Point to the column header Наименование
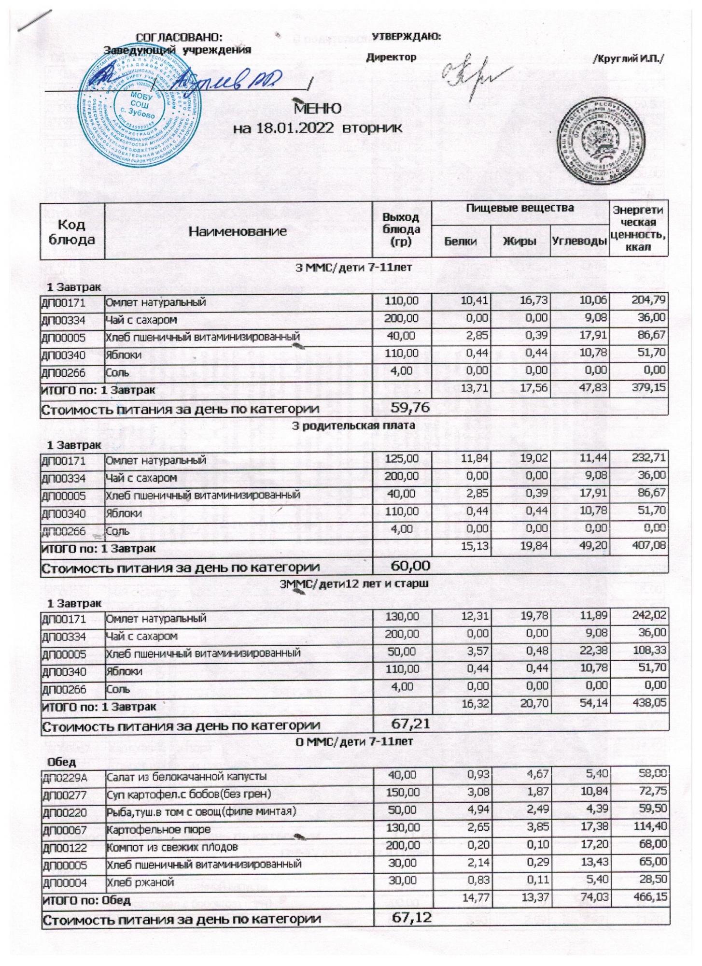tap(238, 231)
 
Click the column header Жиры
tap(520, 241)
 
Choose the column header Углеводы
tap(579, 241)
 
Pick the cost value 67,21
tap(411, 724)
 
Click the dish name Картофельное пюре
tap(158, 829)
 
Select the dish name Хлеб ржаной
tap(140, 882)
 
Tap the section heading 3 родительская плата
tap(354, 426)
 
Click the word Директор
tap(391, 57)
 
